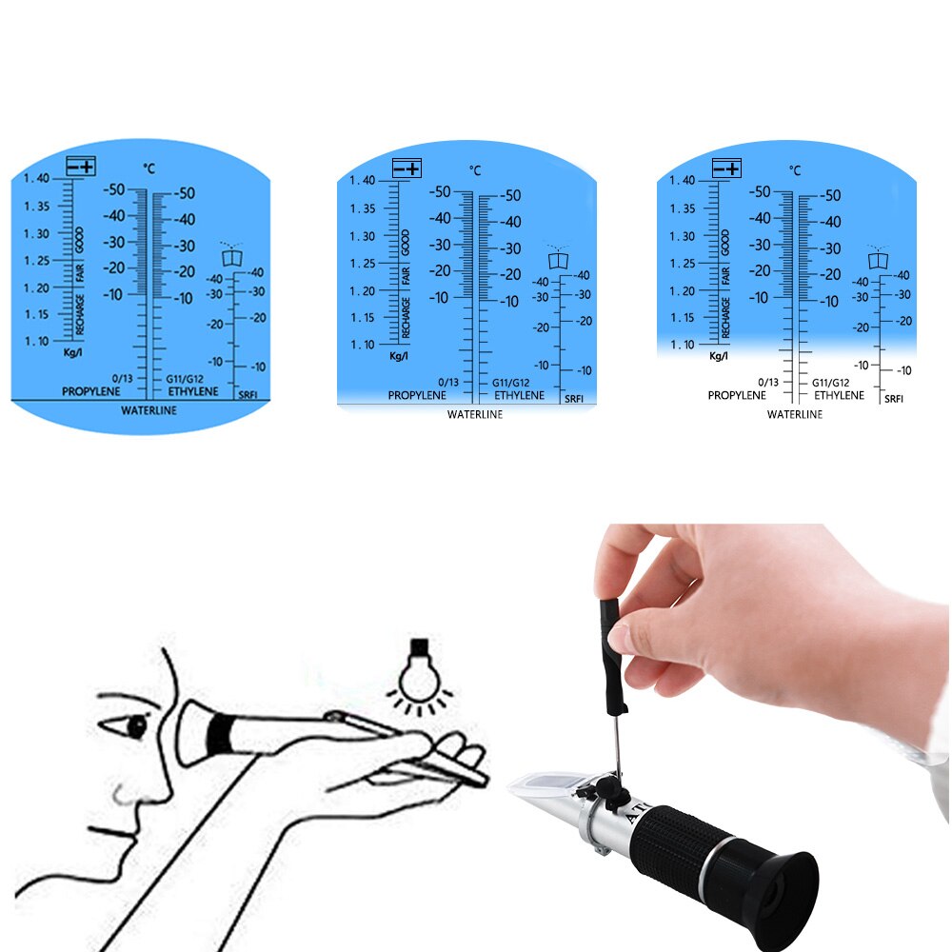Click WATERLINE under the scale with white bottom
[794, 414]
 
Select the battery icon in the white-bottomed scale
[725, 169]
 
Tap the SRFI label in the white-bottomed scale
[893, 399]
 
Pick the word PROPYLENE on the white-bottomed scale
[737, 394]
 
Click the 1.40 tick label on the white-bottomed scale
[682, 181]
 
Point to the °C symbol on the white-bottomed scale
[795, 170]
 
